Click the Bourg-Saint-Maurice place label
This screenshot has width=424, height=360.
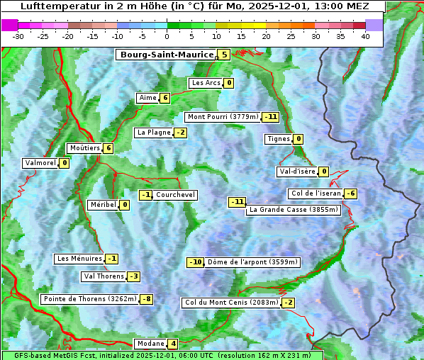[167, 55]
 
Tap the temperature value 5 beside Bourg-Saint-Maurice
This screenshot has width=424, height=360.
[224, 55]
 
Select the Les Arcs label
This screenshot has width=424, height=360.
[206, 83]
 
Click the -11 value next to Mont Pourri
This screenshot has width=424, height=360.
[270, 117]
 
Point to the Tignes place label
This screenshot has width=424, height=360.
[278, 139]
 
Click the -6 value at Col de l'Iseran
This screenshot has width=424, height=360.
[350, 194]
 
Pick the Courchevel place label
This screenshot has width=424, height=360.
[175, 195]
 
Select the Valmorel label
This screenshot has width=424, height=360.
[40, 163]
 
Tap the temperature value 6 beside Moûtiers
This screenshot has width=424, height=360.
[108, 148]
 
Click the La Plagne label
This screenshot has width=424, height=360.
[152, 133]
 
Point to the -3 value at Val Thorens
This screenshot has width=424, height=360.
[133, 276]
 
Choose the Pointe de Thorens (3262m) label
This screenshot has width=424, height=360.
[89, 299]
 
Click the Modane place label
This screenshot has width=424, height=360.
[150, 344]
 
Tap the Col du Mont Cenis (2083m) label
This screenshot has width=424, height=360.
[230, 303]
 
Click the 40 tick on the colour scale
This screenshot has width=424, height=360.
[364, 36]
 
